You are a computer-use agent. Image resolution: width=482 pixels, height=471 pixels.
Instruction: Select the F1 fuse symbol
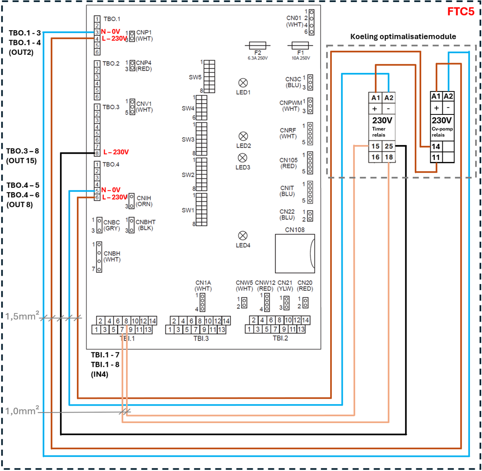pyautogui.click(x=301, y=45)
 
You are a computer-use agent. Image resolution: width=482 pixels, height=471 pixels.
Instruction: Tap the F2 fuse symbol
pyautogui.click(x=258, y=45)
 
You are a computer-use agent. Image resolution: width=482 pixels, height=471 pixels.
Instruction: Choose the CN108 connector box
pyautogui.click(x=295, y=253)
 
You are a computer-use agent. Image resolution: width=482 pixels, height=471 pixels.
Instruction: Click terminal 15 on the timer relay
pyautogui.click(x=375, y=146)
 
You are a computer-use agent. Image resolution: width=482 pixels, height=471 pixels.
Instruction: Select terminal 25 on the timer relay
pyautogui.click(x=388, y=146)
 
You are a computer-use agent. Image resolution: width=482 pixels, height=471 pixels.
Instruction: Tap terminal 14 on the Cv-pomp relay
pyautogui.click(x=436, y=146)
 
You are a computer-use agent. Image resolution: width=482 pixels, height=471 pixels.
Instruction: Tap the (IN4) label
pyautogui.click(x=99, y=375)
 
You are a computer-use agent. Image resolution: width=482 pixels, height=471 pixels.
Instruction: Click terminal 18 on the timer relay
pyautogui.click(x=388, y=158)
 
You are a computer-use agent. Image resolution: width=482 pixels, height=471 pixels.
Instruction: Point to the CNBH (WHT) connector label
pyautogui.click(x=112, y=256)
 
